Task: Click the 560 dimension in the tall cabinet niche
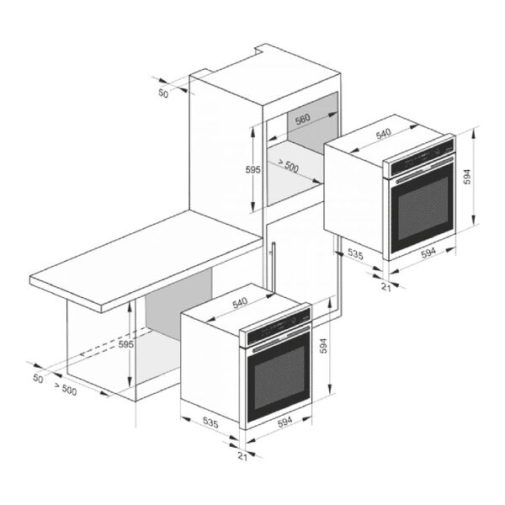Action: pos(303,120)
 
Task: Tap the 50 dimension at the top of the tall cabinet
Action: pos(163,93)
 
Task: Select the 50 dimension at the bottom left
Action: pos(38,379)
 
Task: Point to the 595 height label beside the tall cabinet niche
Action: pos(253,169)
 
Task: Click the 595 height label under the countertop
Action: pos(126,344)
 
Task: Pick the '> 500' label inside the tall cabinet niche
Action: pos(288,166)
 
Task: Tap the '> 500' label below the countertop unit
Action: pos(66,389)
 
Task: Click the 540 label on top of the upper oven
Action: pos(383,133)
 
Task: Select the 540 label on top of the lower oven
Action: pos(240,303)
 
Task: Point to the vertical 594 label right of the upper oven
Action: pos(467,177)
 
